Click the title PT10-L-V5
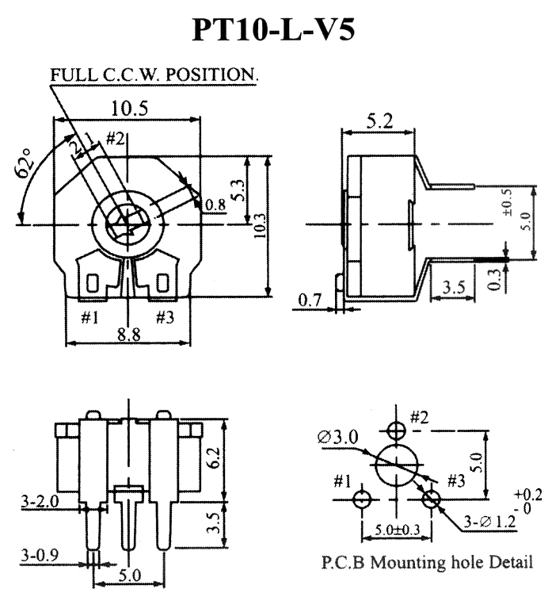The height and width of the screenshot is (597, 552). (x=273, y=29)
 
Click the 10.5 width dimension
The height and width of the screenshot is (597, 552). (x=129, y=108)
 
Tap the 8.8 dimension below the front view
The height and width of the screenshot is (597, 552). (x=128, y=335)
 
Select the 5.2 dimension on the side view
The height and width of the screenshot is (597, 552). (x=379, y=122)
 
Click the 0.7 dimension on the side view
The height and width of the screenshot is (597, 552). (x=310, y=300)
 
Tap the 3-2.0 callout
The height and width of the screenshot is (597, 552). (x=40, y=501)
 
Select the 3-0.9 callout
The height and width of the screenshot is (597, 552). (x=40, y=556)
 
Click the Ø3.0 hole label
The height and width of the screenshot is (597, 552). (x=338, y=438)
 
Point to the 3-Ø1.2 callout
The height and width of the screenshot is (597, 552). (x=489, y=521)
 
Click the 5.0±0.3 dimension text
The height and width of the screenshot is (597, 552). (x=397, y=530)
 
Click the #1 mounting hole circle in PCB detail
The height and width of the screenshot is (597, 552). (x=361, y=499)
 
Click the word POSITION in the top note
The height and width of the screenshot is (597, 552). (x=211, y=75)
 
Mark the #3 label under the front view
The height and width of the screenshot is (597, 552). (x=165, y=317)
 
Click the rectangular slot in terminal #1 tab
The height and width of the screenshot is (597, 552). (x=93, y=283)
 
